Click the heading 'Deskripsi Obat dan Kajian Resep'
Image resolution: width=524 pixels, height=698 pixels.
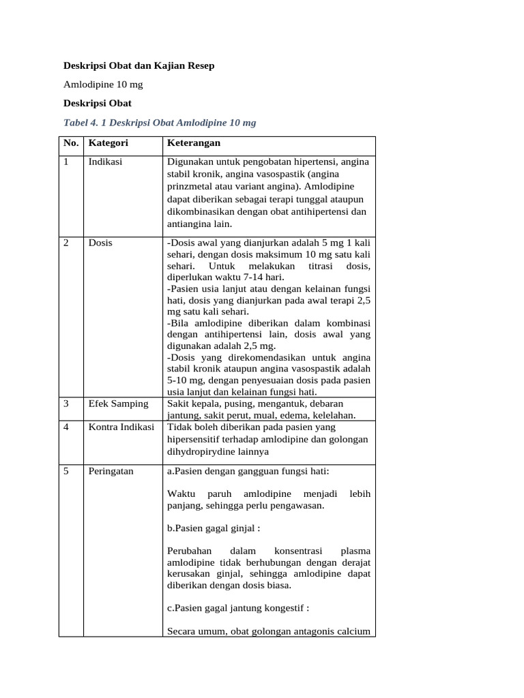pos(139,66)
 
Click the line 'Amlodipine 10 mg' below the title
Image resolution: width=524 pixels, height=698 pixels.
pos(103,85)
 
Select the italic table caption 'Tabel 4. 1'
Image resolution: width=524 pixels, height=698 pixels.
pos(87,122)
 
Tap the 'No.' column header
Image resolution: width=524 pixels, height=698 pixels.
pos(71,144)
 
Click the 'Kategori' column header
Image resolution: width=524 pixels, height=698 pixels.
pos(108,144)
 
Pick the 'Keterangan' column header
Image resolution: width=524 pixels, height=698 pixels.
pos(194,144)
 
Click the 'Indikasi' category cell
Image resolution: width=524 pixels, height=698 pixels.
pos(106,162)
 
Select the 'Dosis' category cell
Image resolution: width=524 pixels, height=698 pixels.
pos(100,243)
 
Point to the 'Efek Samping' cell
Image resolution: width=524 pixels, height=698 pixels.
pos(118,404)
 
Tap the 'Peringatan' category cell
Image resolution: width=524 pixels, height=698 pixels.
pos(111,471)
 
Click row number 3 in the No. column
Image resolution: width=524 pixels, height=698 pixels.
pos(66,404)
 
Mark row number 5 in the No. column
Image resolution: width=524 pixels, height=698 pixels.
pos(66,471)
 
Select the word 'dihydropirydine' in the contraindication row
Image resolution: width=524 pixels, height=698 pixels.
pos(200,451)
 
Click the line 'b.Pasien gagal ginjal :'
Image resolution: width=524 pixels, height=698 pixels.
pos(213,528)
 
